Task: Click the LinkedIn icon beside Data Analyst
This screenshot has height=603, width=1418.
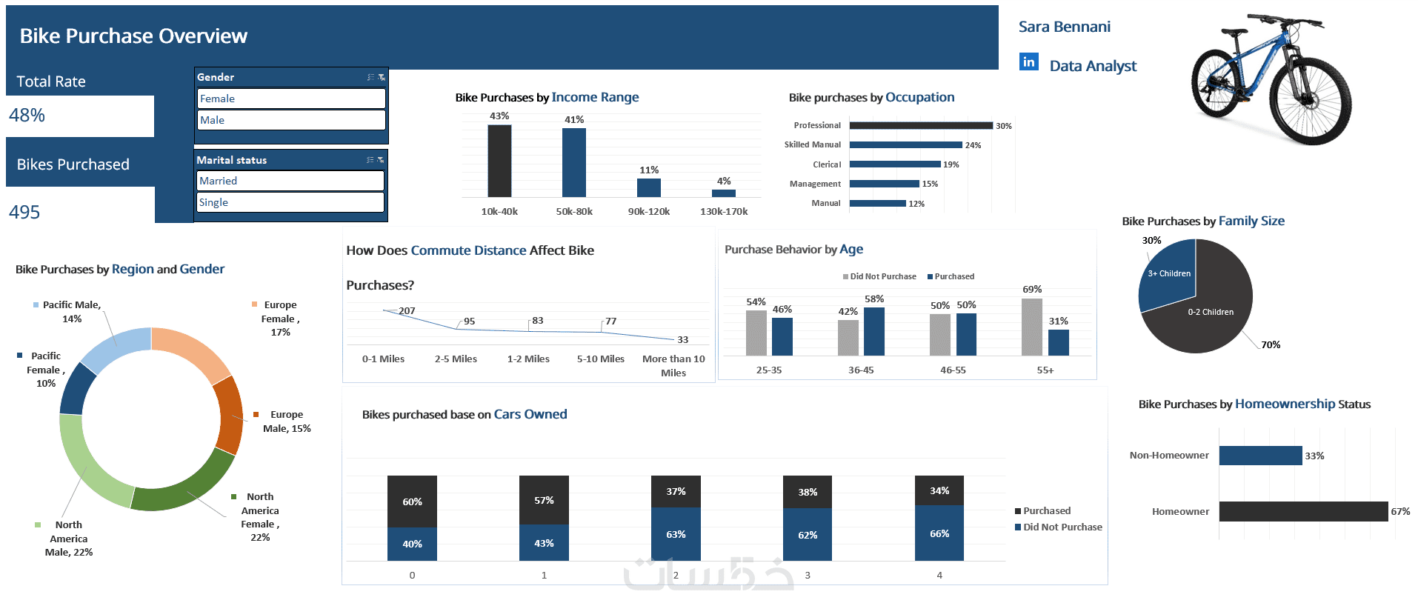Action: pyautogui.click(x=1028, y=62)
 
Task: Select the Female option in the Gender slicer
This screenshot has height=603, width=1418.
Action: pyautogui.click(x=291, y=99)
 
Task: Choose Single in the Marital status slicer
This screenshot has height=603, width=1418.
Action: pyautogui.click(x=290, y=202)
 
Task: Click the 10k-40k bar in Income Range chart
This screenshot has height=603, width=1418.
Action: pyautogui.click(x=499, y=161)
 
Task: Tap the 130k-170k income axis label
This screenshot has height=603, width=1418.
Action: pyautogui.click(x=724, y=212)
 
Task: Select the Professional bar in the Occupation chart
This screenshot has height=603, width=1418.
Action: pyautogui.click(x=920, y=126)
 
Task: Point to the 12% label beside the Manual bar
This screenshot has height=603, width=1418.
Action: pyautogui.click(x=916, y=204)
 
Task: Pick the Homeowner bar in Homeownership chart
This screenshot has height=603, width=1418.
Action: pyautogui.click(x=1303, y=511)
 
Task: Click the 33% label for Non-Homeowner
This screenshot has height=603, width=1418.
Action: pyautogui.click(x=1314, y=456)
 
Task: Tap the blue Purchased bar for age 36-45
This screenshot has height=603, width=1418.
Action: pyautogui.click(x=874, y=332)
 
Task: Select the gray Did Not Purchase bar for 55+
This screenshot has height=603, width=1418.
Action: pyautogui.click(x=1031, y=327)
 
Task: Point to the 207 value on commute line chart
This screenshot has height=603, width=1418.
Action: pyautogui.click(x=407, y=311)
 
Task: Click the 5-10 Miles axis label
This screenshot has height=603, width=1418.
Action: pyautogui.click(x=600, y=359)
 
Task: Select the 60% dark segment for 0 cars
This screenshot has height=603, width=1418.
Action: pyautogui.click(x=412, y=502)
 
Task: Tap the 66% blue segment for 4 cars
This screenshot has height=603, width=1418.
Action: pyautogui.click(x=939, y=533)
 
